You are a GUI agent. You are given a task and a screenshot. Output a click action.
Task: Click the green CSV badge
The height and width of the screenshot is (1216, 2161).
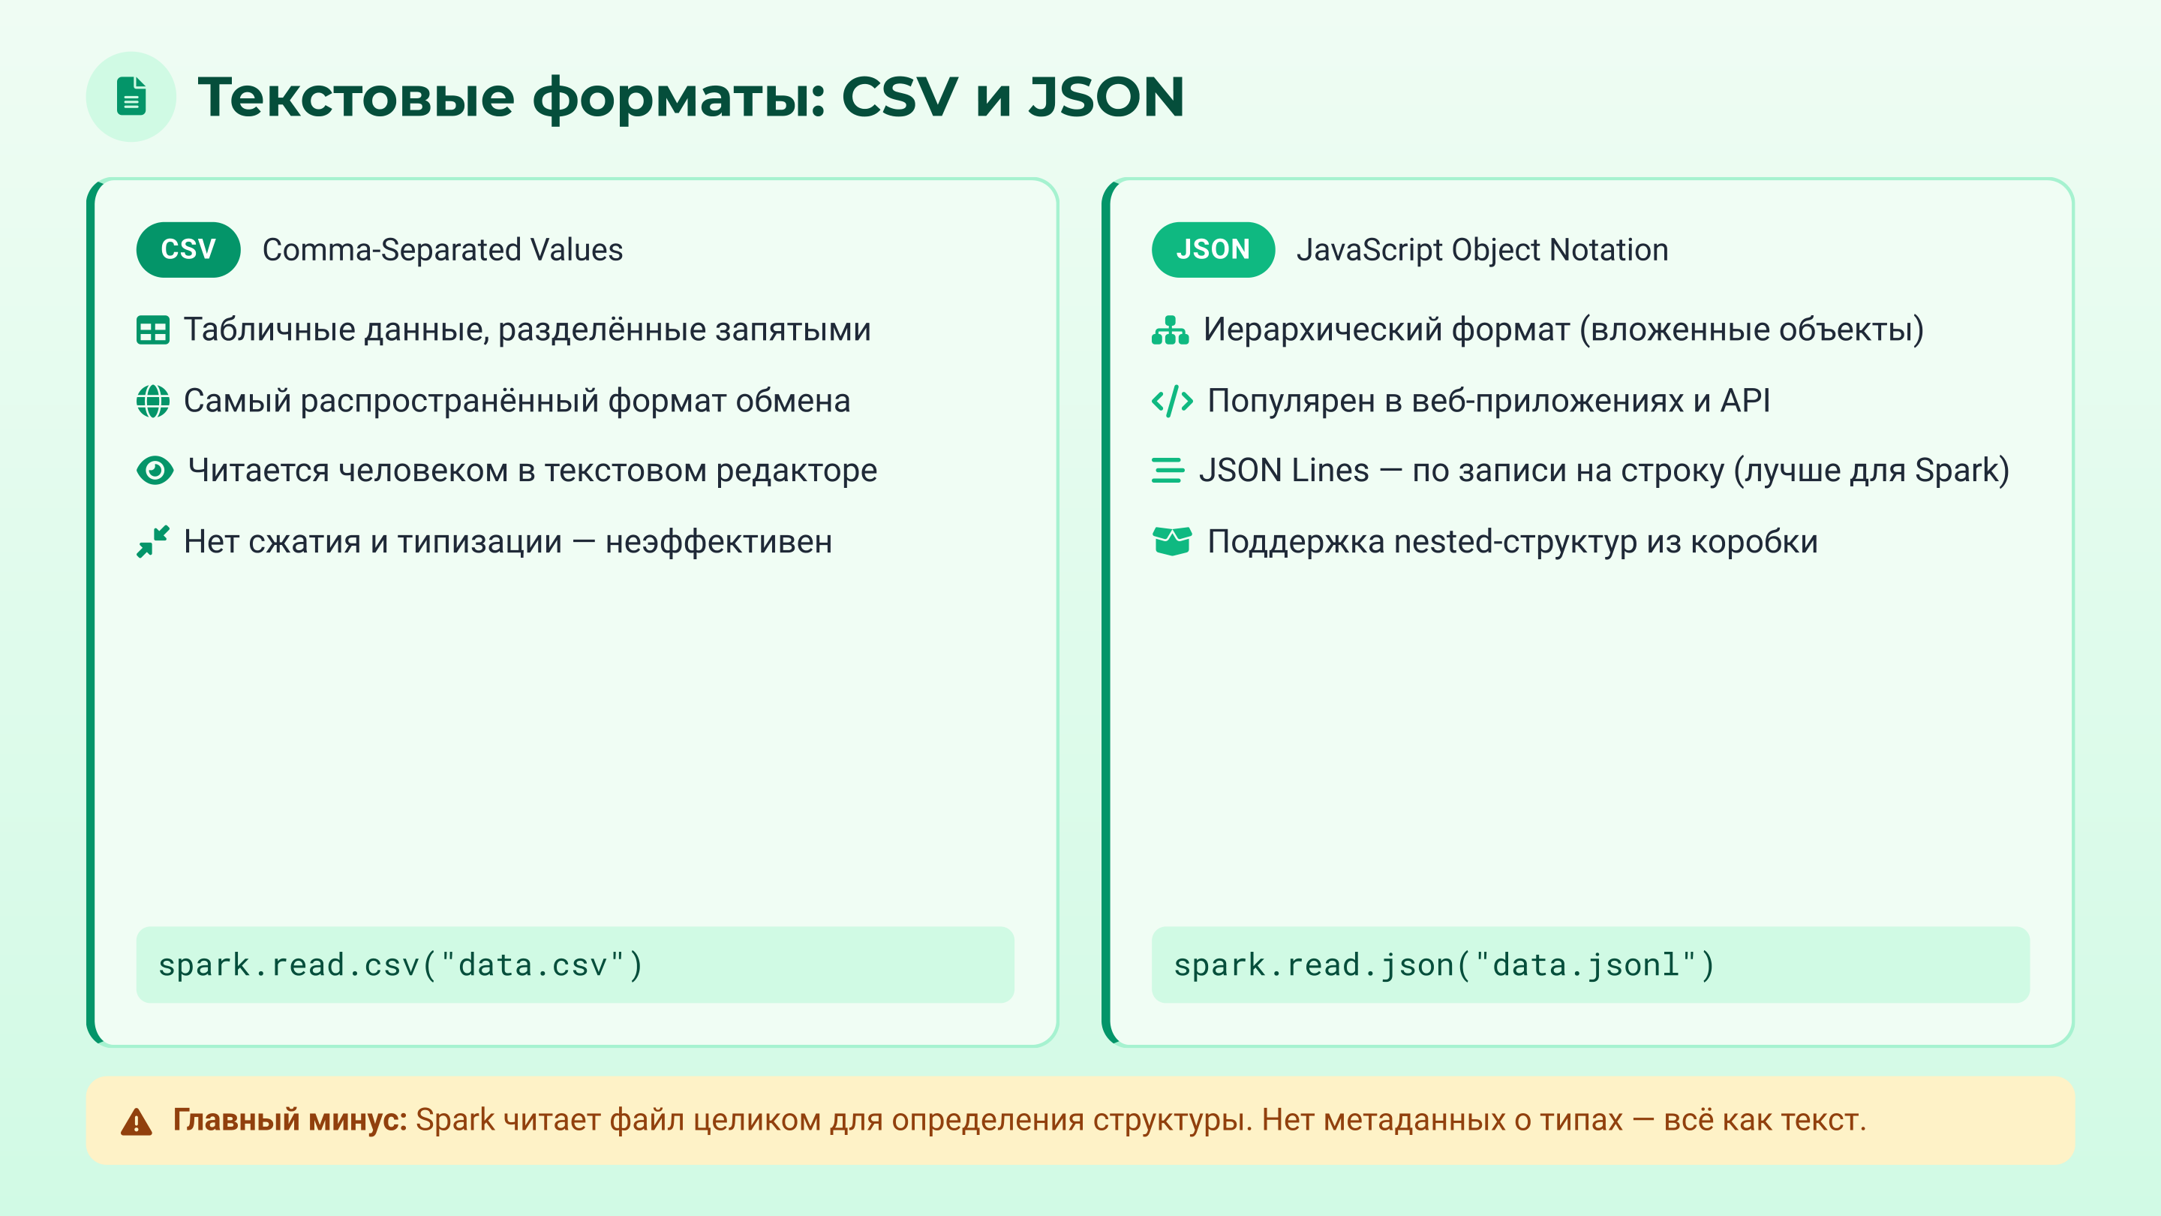click(x=188, y=249)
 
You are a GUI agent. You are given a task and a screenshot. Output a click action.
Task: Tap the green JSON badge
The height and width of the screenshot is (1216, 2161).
click(x=1213, y=249)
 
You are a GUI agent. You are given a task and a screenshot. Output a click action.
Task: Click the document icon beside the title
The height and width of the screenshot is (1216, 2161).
click(x=131, y=97)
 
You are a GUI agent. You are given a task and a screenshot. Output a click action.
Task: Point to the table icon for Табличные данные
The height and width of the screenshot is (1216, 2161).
click(x=152, y=330)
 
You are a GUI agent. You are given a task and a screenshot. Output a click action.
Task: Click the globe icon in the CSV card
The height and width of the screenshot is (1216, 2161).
click(x=152, y=401)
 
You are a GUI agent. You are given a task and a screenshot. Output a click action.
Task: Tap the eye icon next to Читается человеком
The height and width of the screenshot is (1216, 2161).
click(x=155, y=471)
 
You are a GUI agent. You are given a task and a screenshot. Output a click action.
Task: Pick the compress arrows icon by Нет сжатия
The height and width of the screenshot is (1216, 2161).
click(x=152, y=542)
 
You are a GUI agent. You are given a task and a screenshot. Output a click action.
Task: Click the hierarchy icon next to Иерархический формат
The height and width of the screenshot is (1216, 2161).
click(x=1170, y=330)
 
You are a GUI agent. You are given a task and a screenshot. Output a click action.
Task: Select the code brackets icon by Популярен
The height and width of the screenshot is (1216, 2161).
click(x=1172, y=401)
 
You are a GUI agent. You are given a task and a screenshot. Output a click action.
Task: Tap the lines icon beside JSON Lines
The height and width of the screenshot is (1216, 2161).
click(x=1168, y=471)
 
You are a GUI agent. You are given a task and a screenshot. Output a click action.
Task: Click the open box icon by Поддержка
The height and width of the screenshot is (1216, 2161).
click(x=1171, y=542)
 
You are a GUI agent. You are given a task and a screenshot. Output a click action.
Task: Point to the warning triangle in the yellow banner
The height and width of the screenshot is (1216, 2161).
click(x=136, y=1121)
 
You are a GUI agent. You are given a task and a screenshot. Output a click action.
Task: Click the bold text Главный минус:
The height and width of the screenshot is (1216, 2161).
click(x=290, y=1119)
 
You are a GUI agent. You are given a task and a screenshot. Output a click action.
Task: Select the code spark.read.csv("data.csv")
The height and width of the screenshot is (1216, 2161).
click(x=401, y=965)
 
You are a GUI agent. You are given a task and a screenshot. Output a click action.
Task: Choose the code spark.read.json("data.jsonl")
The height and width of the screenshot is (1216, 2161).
click(x=1444, y=965)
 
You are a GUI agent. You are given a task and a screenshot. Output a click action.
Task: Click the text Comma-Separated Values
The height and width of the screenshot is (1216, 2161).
click(x=442, y=250)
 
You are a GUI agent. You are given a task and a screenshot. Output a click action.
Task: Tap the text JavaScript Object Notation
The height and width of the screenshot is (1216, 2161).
click(x=1481, y=250)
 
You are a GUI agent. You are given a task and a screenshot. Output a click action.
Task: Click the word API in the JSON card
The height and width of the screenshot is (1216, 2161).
click(x=1744, y=401)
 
